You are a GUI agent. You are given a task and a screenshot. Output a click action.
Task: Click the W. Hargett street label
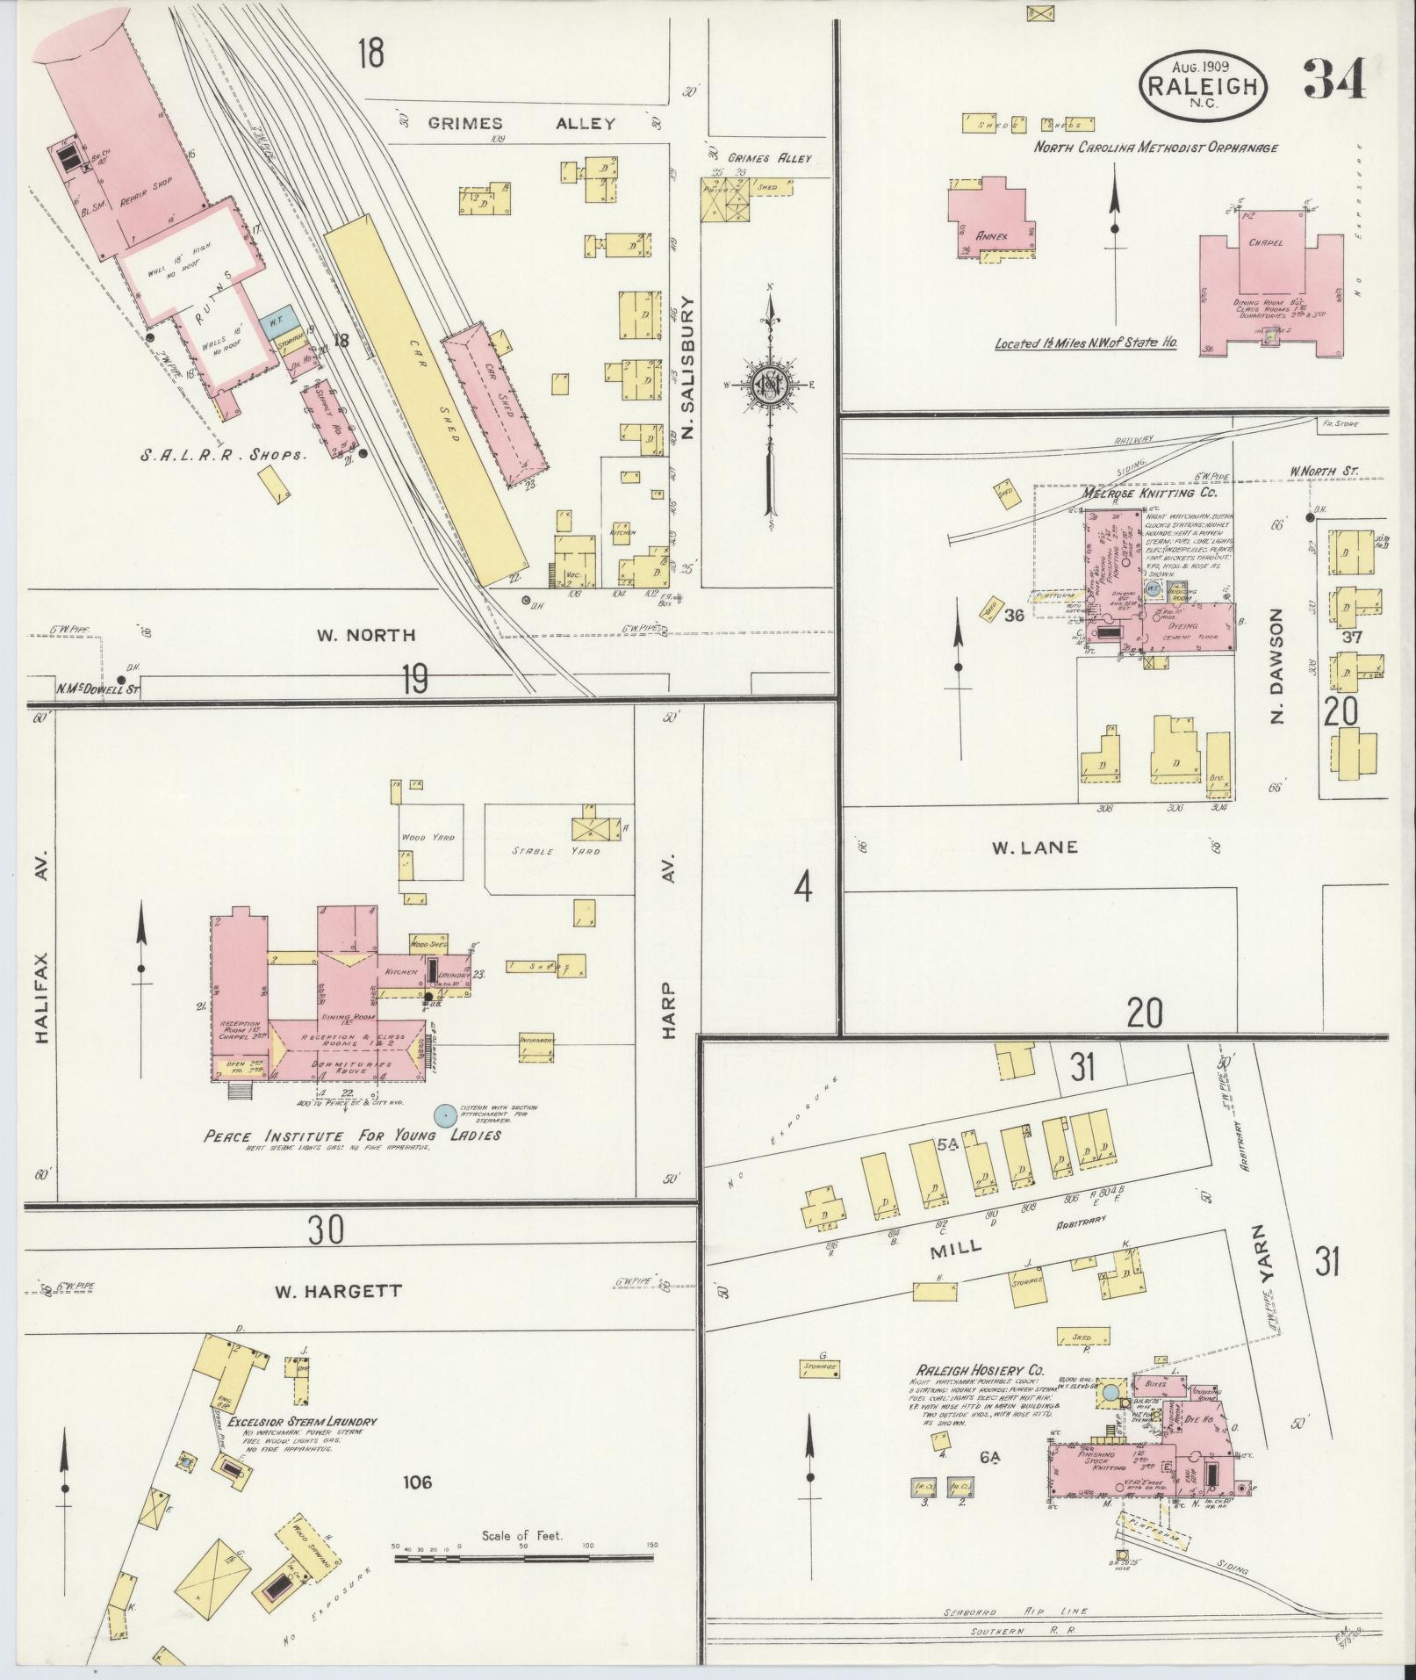[x=338, y=1291]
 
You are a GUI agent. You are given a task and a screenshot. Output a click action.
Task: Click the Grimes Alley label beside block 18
[x=522, y=124]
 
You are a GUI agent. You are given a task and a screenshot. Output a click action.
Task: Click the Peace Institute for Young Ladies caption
[x=352, y=1136]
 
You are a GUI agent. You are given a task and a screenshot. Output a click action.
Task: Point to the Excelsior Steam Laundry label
[x=303, y=1422]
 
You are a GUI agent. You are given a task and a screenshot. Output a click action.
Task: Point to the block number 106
[x=417, y=1482]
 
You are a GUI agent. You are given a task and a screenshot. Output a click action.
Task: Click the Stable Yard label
[x=557, y=851]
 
